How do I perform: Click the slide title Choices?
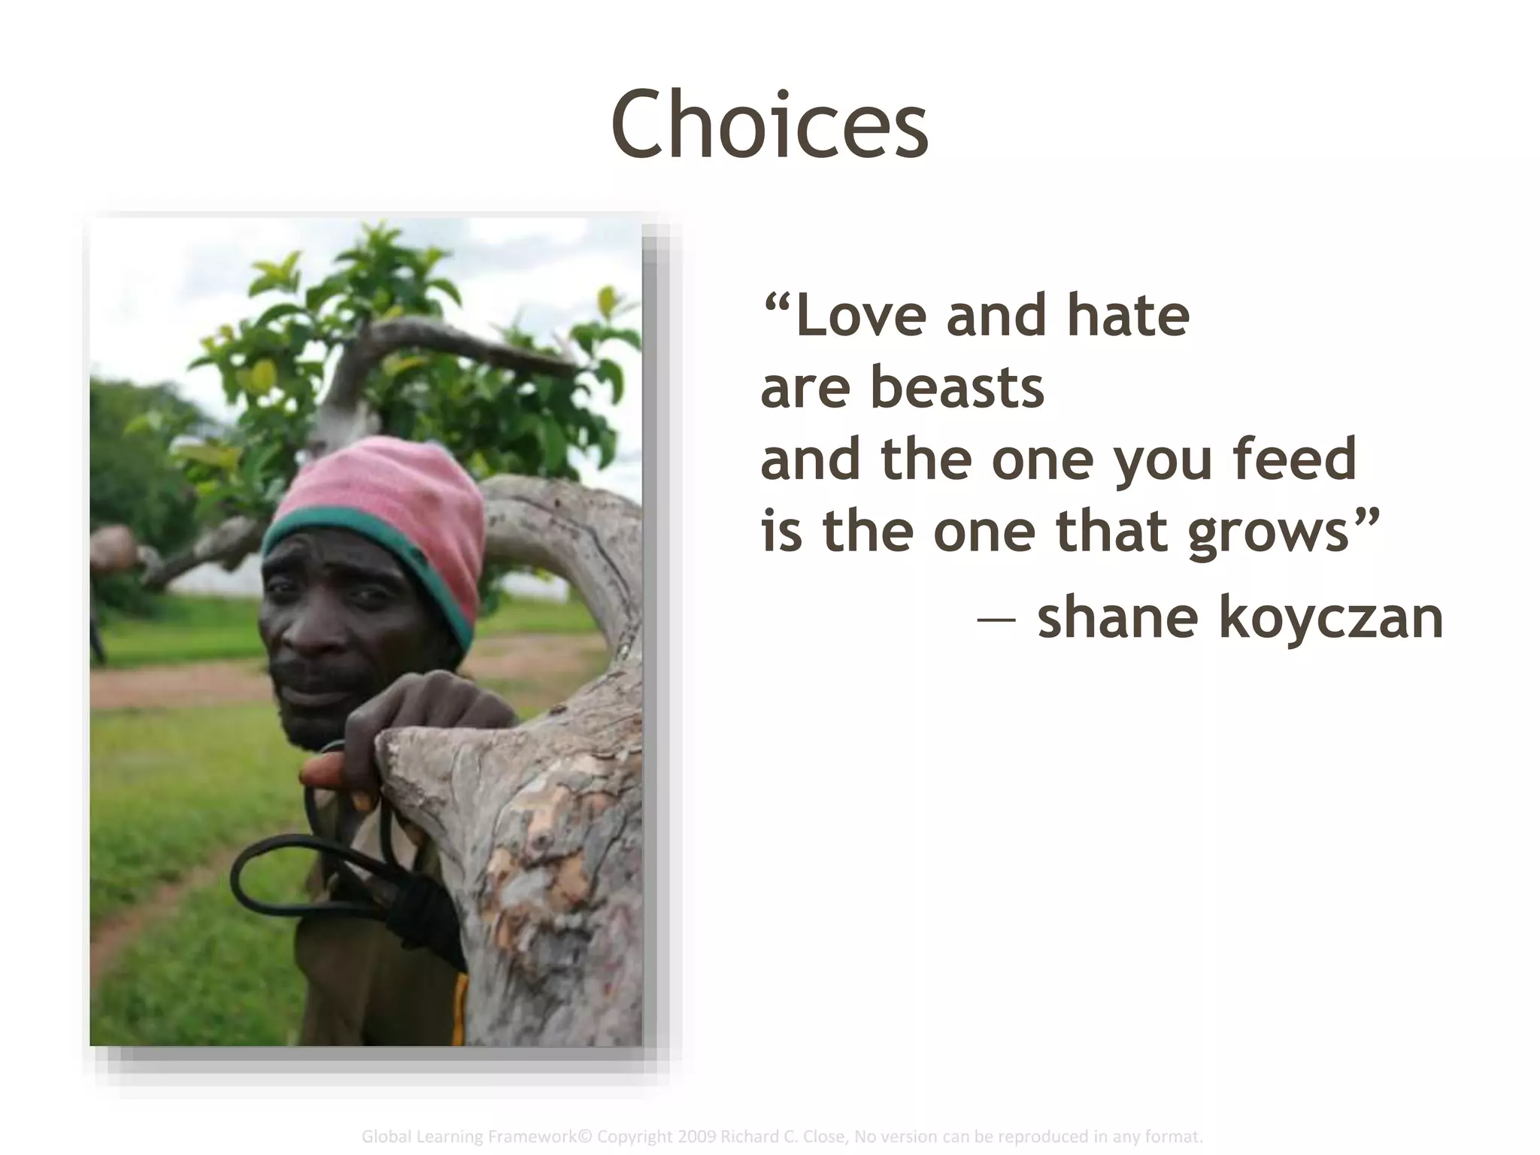tap(769, 125)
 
